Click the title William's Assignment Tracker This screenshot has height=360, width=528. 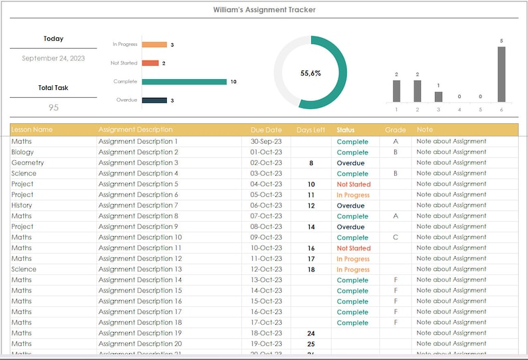pos(264,10)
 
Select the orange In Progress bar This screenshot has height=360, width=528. pos(154,45)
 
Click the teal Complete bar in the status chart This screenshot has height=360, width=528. pos(184,82)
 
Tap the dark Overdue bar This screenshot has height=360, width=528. pos(154,100)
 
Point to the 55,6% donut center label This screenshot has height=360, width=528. pos(311,73)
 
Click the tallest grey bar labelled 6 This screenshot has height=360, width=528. pos(501,74)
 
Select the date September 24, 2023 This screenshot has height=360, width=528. pos(53,59)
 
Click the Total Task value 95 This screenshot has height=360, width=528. pos(53,107)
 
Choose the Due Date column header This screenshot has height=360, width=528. pos(266,130)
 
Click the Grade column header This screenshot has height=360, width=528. pos(395,130)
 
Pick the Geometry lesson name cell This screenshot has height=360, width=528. pos(28,163)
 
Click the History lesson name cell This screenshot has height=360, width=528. pos(22,206)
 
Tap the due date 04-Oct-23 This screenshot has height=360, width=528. pos(266,184)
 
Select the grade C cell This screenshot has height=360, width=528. pos(396,238)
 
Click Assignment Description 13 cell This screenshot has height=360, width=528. pos(140,270)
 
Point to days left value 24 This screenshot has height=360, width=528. pos(311,333)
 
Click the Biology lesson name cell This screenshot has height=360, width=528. pos(23,152)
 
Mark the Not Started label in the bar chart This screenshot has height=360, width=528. pos(124,63)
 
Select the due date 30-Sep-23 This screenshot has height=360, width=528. pos(266,142)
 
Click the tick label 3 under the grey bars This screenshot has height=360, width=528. pos(438,109)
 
